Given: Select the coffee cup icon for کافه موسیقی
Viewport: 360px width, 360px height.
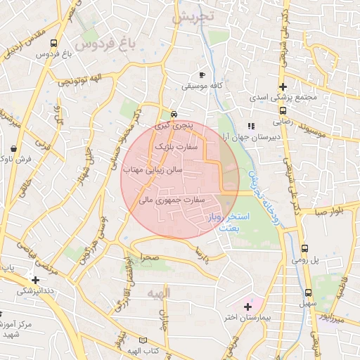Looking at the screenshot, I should click(202, 75).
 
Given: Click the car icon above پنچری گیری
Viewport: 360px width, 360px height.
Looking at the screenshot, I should click(174, 115).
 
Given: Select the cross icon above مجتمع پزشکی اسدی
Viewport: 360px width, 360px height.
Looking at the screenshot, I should click(282, 86).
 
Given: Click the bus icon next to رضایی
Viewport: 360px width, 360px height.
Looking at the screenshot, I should click(283, 110).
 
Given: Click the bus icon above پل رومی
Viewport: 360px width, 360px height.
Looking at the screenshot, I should click(305, 248).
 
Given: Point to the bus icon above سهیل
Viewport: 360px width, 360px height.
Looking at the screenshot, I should click(308, 292).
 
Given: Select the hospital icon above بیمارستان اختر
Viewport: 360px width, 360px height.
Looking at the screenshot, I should click(247, 307).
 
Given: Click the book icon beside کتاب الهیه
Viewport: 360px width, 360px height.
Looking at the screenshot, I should click(143, 340).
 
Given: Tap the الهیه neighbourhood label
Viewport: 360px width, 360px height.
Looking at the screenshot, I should click(157, 292).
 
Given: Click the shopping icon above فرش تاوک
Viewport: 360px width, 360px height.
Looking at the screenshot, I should click(15, 148).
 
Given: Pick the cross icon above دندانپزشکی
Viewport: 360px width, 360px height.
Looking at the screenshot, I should click(35, 280).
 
